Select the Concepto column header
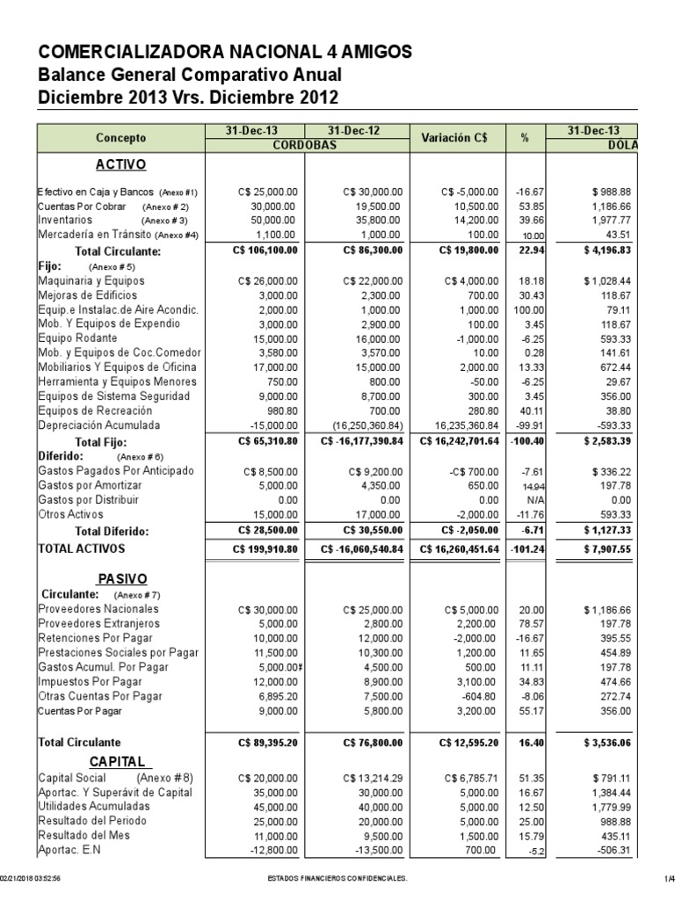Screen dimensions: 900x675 pos(120,138)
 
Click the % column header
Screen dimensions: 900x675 pos(524,138)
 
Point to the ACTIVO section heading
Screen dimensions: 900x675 pos(120,164)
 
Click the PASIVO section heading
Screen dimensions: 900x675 pos(120,578)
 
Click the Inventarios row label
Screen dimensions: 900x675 pos(64,220)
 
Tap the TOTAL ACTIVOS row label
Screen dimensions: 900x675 pos(82,548)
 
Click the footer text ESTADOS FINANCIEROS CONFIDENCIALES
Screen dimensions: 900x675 pos(337,880)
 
